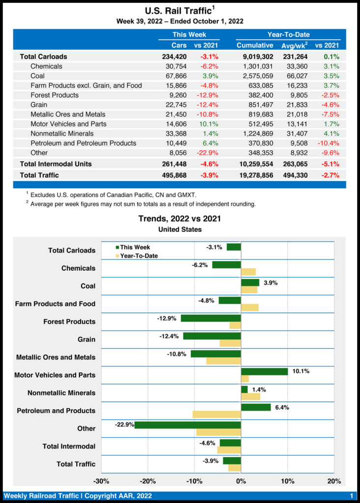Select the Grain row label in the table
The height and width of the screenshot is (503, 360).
coord(39,105)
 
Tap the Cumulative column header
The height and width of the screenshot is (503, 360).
coord(255,45)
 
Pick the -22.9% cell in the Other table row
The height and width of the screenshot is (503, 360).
coord(206,153)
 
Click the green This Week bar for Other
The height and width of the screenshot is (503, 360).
coord(188,425)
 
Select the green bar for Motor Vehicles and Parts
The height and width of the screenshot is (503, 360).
coord(264,371)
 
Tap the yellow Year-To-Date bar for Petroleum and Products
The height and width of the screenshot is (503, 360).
coord(217,415)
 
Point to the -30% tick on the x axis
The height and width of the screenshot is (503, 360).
coord(101,481)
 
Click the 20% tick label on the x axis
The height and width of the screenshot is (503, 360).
coord(334,481)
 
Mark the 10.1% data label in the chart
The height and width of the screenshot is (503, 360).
coord(301,371)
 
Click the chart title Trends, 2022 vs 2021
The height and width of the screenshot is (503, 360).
coord(180,219)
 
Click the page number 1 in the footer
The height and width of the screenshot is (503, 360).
coord(352,496)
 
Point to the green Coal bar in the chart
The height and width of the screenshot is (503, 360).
coord(250,282)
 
